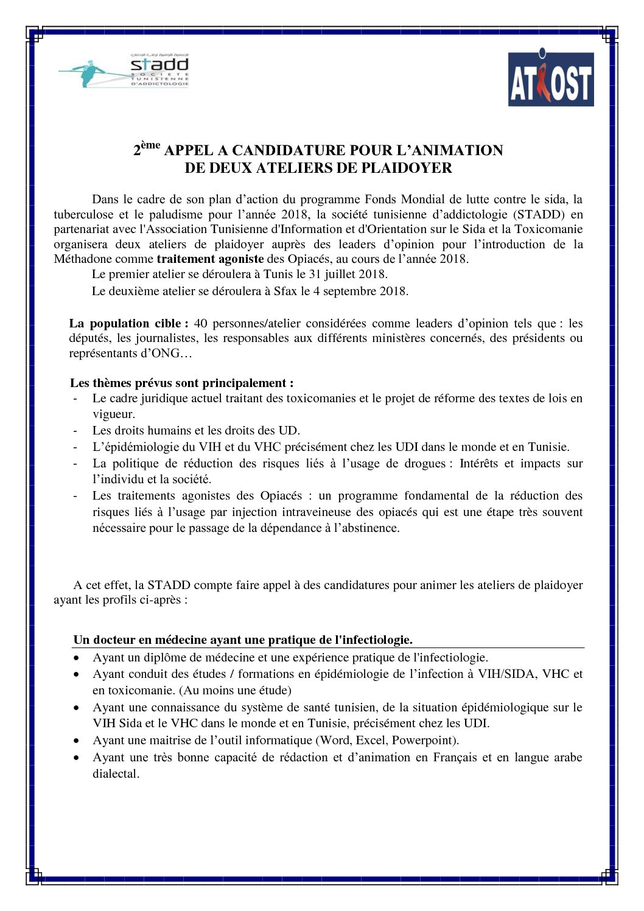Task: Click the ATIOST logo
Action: click(550, 79)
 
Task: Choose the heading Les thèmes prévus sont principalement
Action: click(181, 383)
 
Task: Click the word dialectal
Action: click(116, 774)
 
